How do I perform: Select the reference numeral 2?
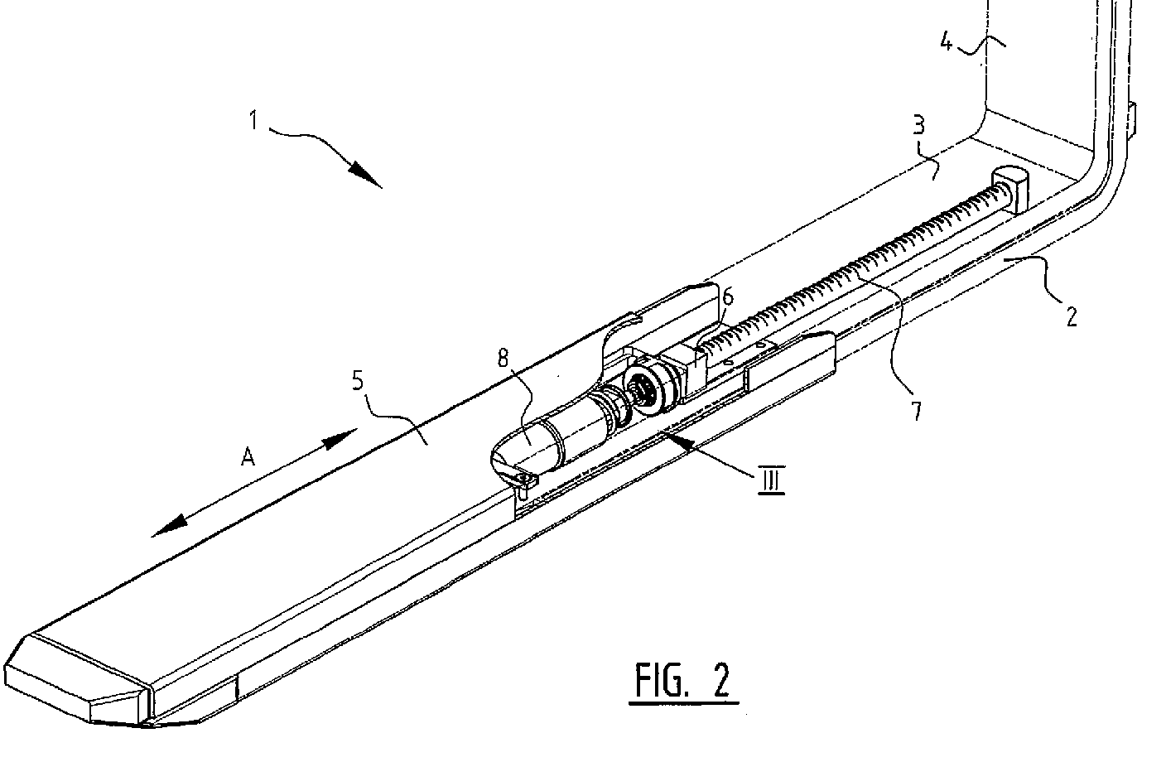[1071, 316]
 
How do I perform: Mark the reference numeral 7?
[916, 410]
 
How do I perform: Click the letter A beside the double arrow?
[246, 456]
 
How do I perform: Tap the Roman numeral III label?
[769, 480]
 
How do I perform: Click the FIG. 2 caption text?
[683, 681]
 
